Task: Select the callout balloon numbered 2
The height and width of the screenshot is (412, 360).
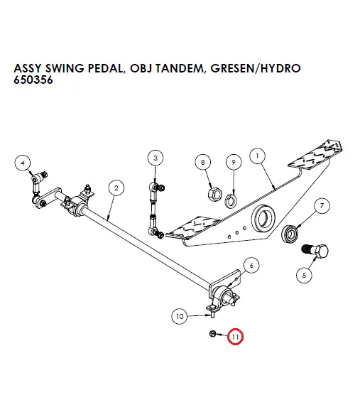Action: pos(115,188)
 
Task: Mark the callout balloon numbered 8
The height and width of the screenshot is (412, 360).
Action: pos(203,163)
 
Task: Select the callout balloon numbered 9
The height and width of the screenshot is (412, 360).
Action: pos(231,163)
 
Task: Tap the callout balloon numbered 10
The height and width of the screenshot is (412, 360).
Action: pos(180,315)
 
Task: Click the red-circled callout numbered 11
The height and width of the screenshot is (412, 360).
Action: pos(234,336)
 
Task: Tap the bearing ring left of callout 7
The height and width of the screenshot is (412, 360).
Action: pos(290,234)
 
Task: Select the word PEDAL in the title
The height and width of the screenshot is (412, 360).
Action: pos(100,68)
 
